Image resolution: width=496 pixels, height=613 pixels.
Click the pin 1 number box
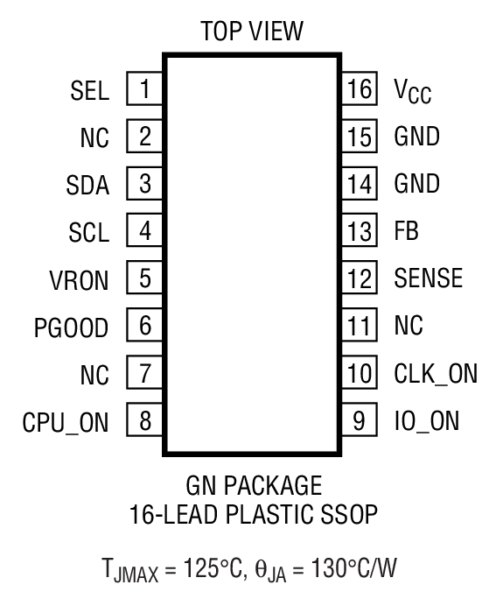pyautogui.click(x=144, y=89)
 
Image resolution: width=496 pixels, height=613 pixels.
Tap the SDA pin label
pyautogui.click(x=88, y=185)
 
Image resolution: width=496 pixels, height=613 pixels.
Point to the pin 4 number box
pyautogui.click(x=144, y=232)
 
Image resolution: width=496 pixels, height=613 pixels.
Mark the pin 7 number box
pyautogui.click(x=144, y=375)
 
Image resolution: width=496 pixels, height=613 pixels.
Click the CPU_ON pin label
pyautogui.click(x=66, y=423)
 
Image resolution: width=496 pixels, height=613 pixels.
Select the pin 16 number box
pyautogui.click(x=359, y=89)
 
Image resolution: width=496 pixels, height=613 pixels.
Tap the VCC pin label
pyautogui.click(x=413, y=91)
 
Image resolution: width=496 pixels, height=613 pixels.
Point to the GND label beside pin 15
pyautogui.click(x=417, y=137)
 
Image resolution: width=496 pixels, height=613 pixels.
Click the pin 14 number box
pyautogui.click(x=359, y=185)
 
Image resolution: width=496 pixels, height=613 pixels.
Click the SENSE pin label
pyautogui.click(x=428, y=280)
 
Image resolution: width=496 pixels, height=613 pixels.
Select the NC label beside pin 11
pyautogui.click(x=409, y=328)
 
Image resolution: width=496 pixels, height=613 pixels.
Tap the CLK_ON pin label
pyautogui.click(x=436, y=375)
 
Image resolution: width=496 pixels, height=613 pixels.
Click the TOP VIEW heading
pyautogui.click(x=251, y=32)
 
